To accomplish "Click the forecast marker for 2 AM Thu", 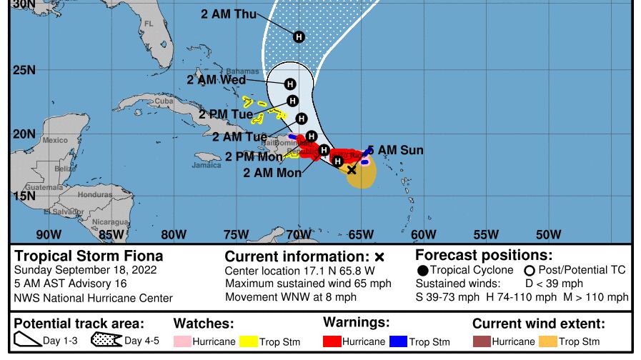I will [299, 36].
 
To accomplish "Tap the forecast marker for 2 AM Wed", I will [290, 84].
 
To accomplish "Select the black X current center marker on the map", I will [352, 170].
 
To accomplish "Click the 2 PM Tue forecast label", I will [226, 114].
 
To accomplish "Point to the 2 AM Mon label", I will [272, 173].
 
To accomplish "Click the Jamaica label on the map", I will [207, 165].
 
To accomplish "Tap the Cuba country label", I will [164, 101].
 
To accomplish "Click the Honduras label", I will [95, 194].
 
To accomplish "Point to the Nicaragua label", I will [109, 222].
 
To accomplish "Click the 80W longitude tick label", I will [174, 234].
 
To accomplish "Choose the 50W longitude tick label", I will [548, 234].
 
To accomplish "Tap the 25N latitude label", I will [24, 70].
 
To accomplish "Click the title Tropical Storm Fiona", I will [89, 256].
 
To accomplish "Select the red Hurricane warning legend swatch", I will [332, 341].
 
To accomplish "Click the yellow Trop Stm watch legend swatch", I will [248, 342].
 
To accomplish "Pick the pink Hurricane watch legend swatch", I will [183, 342].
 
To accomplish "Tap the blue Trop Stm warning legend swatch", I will [399, 341].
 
